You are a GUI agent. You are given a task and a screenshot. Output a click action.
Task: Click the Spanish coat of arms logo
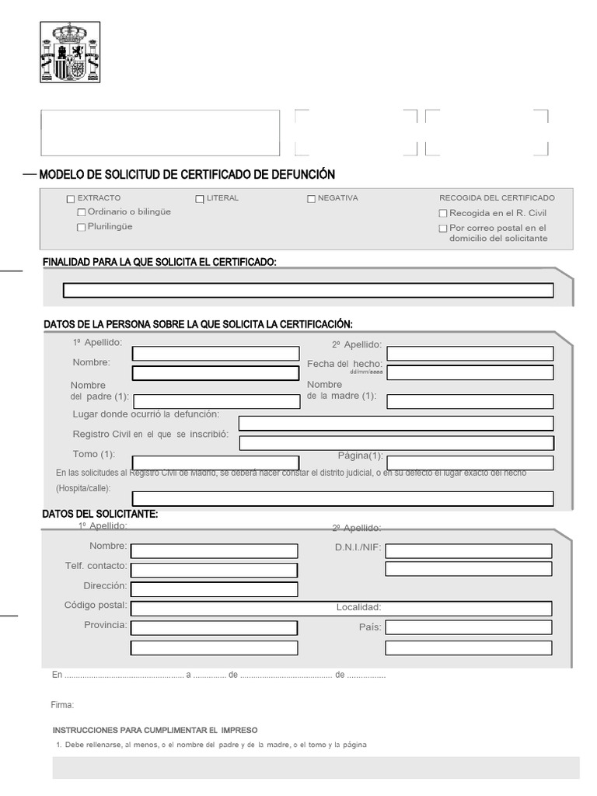click(x=70, y=53)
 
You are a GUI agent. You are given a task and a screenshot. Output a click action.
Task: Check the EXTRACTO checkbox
click(x=72, y=199)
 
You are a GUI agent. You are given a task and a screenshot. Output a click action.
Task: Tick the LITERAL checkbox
click(x=200, y=199)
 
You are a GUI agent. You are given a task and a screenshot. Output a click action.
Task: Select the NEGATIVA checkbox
click(x=312, y=199)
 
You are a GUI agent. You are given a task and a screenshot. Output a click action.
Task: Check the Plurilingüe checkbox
click(x=82, y=228)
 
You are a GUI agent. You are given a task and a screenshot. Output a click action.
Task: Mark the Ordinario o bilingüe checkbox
click(x=82, y=213)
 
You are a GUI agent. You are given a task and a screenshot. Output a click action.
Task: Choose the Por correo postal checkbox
click(x=443, y=229)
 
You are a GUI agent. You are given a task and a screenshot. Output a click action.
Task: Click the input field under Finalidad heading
click(x=308, y=291)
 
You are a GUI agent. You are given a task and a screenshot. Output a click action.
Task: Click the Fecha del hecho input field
click(x=470, y=372)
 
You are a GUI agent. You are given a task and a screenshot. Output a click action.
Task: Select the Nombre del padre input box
click(x=215, y=401)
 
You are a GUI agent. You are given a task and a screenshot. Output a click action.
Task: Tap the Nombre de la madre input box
click(x=470, y=401)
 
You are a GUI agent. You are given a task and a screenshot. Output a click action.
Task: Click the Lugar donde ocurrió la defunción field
click(x=396, y=424)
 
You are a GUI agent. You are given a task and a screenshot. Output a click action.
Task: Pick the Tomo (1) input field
click(x=215, y=463)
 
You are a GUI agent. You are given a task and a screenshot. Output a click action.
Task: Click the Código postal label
click(x=96, y=606)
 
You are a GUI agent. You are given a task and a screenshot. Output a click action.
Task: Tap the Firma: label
click(x=62, y=705)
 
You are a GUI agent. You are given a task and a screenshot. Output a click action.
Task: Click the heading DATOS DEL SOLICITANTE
click(x=101, y=515)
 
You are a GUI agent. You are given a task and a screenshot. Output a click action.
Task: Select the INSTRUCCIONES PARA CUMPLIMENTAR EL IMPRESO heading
click(x=155, y=730)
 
